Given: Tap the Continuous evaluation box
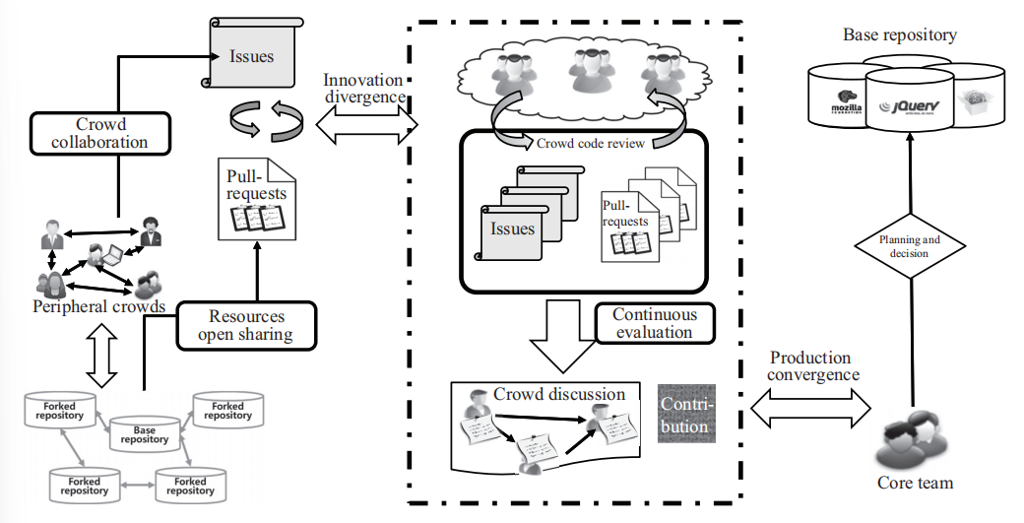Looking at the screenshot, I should pyautogui.click(x=654, y=323).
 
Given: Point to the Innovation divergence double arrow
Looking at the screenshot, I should pyautogui.click(x=365, y=124).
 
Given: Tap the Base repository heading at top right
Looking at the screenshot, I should pyautogui.click(x=899, y=35).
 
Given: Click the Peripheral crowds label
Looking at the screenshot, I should pyautogui.click(x=98, y=305).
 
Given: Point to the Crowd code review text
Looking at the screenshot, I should pyautogui.click(x=590, y=143).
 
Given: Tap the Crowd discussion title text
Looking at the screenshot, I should pyautogui.click(x=559, y=393).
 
